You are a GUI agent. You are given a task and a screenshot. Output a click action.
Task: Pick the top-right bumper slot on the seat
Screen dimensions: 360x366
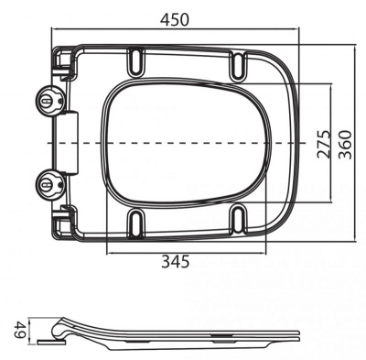point(240,63)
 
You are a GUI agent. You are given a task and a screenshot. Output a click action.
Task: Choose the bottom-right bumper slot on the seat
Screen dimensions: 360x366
point(240,221)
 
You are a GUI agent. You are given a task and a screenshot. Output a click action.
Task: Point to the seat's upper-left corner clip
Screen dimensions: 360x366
point(63,61)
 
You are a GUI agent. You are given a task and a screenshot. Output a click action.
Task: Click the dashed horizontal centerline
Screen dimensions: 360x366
point(183,143)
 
